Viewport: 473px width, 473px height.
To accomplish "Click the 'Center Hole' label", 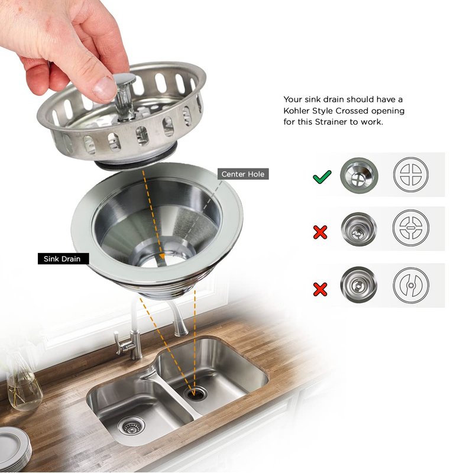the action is (243, 174).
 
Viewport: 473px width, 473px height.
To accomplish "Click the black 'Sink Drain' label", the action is (63, 259).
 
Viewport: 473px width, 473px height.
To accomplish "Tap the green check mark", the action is (322, 177).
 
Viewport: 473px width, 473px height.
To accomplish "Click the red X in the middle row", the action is (320, 232).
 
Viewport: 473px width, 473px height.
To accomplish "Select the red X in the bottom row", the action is (320, 289).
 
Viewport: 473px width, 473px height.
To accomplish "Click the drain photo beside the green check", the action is (359, 175).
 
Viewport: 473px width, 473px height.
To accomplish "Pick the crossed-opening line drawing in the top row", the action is (411, 174).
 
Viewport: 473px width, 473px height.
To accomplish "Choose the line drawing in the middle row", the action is (411, 228).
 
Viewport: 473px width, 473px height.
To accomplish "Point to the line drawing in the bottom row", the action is (411, 285).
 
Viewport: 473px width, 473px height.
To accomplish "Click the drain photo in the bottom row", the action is (359, 285).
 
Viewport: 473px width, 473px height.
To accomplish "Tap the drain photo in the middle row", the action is (359, 229).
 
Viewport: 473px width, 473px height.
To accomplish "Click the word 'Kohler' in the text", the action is (297, 111).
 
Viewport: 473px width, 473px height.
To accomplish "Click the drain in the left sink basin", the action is (131, 425).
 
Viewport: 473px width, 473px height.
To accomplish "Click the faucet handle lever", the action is (119, 342).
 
